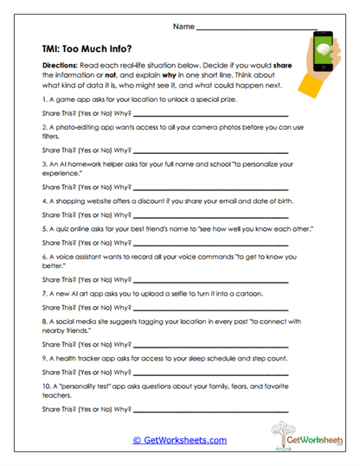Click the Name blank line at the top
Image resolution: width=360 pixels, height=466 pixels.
click(x=254, y=29)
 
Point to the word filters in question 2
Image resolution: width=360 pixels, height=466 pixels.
click(x=50, y=137)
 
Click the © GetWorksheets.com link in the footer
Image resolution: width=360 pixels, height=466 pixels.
click(x=179, y=440)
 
